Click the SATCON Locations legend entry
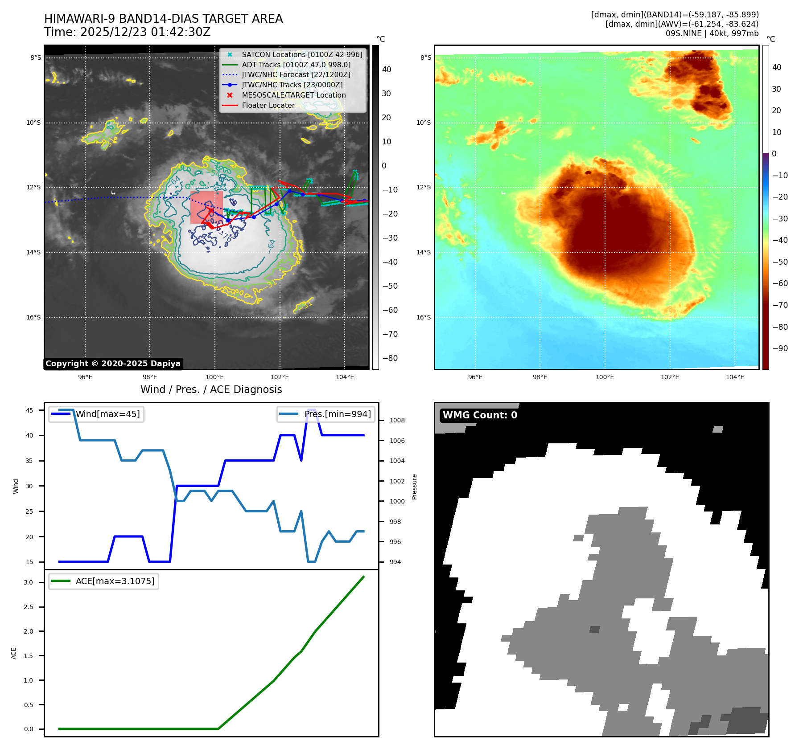pos(302,55)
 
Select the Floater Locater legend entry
pos(268,106)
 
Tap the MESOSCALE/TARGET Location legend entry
pos(293,95)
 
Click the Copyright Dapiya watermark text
pos(113,364)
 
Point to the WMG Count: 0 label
pos(480,415)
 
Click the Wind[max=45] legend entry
pos(107,414)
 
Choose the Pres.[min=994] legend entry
pos(337,414)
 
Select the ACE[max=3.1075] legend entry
pos(115,581)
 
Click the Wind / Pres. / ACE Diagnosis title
pos(211,390)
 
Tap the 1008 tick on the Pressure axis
pos(397,421)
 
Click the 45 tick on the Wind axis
pos(29,411)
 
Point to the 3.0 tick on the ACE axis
pos(29,583)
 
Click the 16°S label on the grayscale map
pos(33,318)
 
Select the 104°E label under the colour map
pos(735,377)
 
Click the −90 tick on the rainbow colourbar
pos(780,348)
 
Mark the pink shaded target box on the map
pos(206,207)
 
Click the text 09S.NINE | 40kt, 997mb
pos(712,33)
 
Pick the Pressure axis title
pos(415,487)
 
